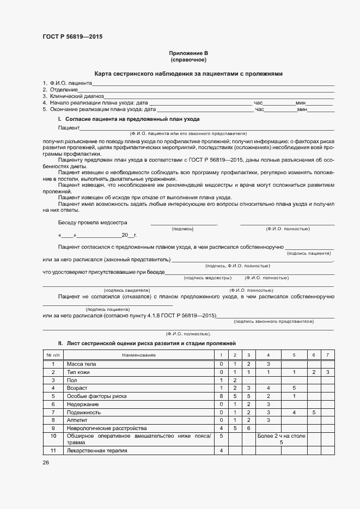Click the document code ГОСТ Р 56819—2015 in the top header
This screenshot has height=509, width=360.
pos(72,37)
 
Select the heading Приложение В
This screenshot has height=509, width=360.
pos(188,53)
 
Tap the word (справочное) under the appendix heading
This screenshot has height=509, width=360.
pos(188,60)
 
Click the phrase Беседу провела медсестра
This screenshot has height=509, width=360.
pos(92,222)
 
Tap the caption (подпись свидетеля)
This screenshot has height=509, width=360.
pos(127,291)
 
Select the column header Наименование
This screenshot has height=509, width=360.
pos(139,355)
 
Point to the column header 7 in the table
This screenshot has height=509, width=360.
pos(327,355)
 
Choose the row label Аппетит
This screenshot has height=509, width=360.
pos(76,420)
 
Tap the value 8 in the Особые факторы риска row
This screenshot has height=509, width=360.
pos(221,396)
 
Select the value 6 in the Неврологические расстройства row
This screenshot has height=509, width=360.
pos(248,428)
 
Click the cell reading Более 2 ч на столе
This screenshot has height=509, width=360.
pos(282,436)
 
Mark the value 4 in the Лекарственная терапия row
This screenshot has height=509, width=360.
pos(221,451)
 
